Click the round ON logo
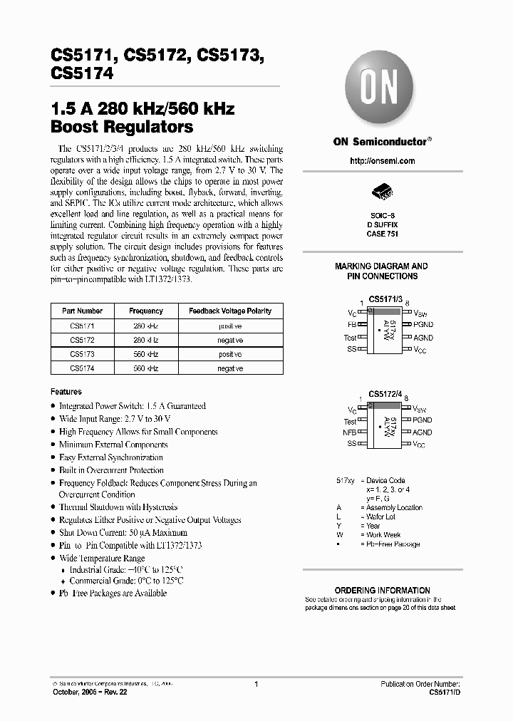coord(382,89)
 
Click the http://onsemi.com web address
coord(382,161)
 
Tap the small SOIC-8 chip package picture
coord(382,193)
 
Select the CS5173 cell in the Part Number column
coord(82,353)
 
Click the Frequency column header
coord(145,311)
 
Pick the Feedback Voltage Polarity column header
coord(229,311)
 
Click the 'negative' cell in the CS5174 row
coord(229,368)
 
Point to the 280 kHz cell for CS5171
coord(145,325)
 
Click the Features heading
coord(66,392)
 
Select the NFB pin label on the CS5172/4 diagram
coord(349,432)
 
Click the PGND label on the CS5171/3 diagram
coord(422,325)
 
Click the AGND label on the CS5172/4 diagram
coord(422,432)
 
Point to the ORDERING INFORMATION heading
coord(382,591)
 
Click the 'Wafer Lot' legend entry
coord(380,517)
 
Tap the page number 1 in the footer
coord(255,683)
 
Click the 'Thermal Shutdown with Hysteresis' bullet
coord(118,507)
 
